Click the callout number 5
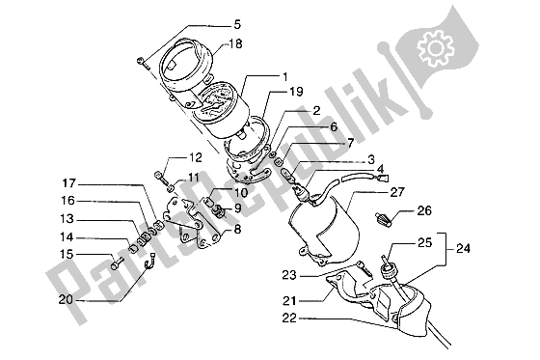tap(237, 25)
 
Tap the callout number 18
tap(236, 43)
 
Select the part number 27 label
tap(396, 192)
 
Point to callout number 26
tap(424, 210)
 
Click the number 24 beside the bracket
tap(463, 248)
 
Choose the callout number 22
tap(289, 318)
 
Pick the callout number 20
tap(66, 299)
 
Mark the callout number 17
tap(68, 183)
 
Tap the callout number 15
tap(67, 255)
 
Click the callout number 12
tap(195, 158)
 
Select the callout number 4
tap(380, 169)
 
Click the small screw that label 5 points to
tap(142, 63)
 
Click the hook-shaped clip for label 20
tap(148, 263)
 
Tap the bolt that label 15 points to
tap(117, 263)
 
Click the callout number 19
tap(296, 92)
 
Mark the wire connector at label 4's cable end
tap(384, 179)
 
